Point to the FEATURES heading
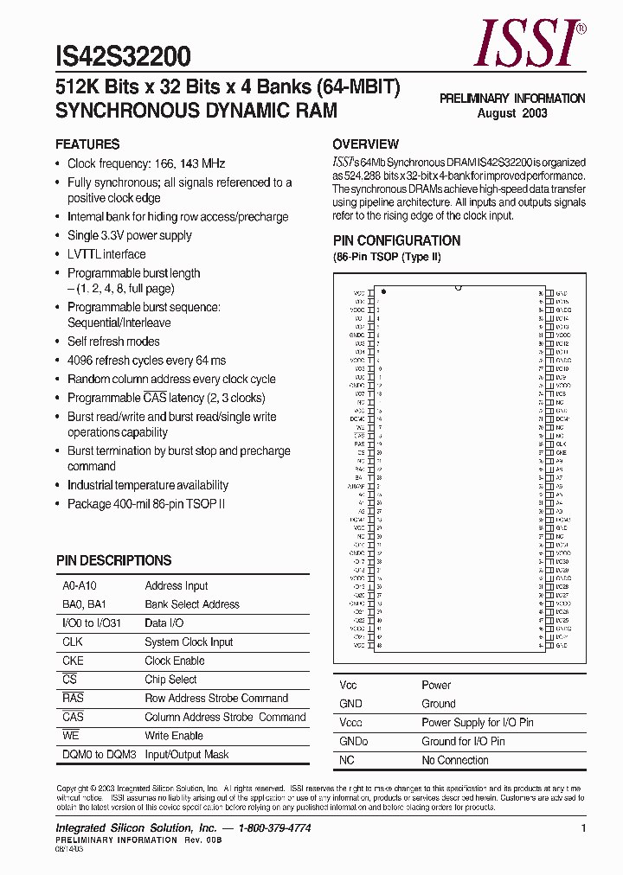(87, 144)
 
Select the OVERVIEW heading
(365, 144)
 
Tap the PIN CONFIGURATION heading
(396, 240)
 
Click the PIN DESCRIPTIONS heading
(113, 560)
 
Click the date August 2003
(512, 113)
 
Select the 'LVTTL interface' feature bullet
(106, 254)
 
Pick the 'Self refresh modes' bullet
(113, 342)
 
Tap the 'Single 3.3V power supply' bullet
(130, 235)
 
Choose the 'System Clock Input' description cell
(189, 642)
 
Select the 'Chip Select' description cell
(170, 680)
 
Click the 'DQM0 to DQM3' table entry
(100, 754)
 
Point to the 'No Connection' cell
(455, 760)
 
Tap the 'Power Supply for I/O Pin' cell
(477, 722)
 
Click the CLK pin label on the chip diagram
(561, 444)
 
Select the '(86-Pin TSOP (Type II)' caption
(387, 259)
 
